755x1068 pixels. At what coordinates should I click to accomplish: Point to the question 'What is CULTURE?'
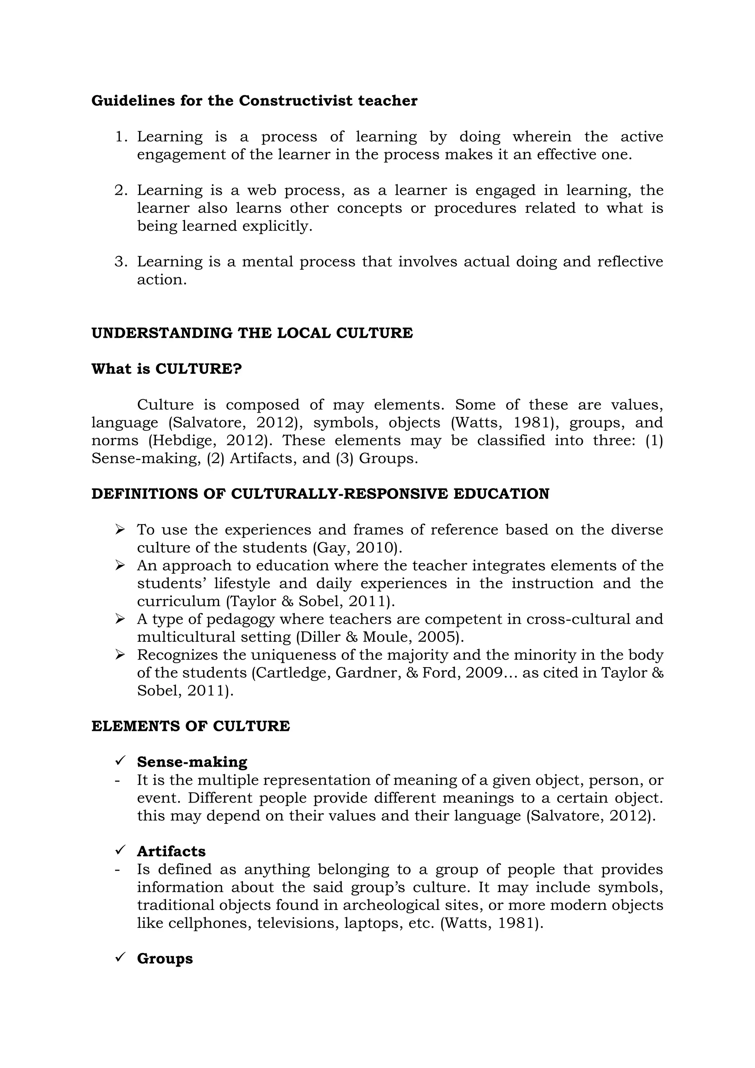point(166,369)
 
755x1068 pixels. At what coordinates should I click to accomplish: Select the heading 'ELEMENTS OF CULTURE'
point(190,726)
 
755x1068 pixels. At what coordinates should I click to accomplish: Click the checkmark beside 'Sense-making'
point(120,761)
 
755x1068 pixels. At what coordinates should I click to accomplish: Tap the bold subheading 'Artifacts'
point(171,851)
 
